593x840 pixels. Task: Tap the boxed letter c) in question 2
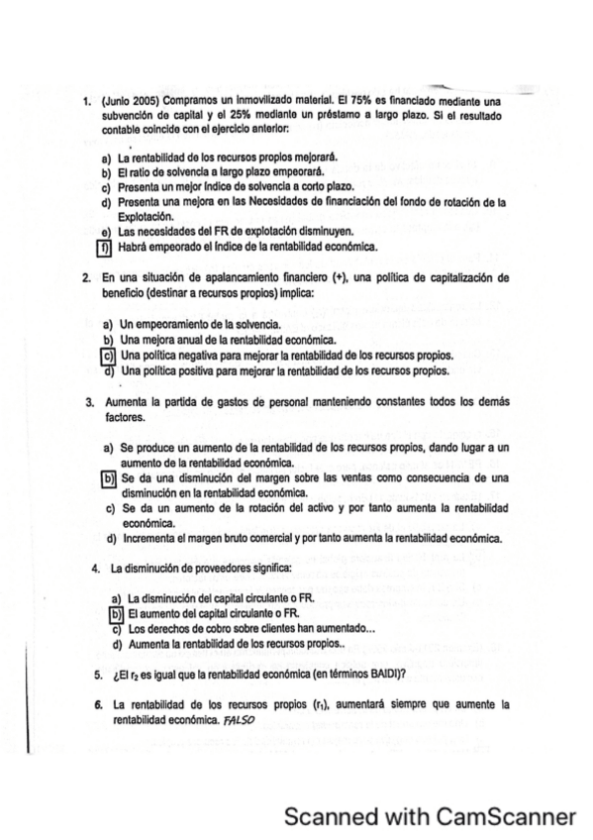tap(108, 356)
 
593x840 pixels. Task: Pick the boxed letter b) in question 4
tap(115, 614)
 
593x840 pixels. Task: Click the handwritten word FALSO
tap(240, 720)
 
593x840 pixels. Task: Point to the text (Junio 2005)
tap(132, 101)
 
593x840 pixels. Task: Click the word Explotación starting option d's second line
tap(146, 216)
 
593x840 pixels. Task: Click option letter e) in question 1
tap(107, 231)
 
